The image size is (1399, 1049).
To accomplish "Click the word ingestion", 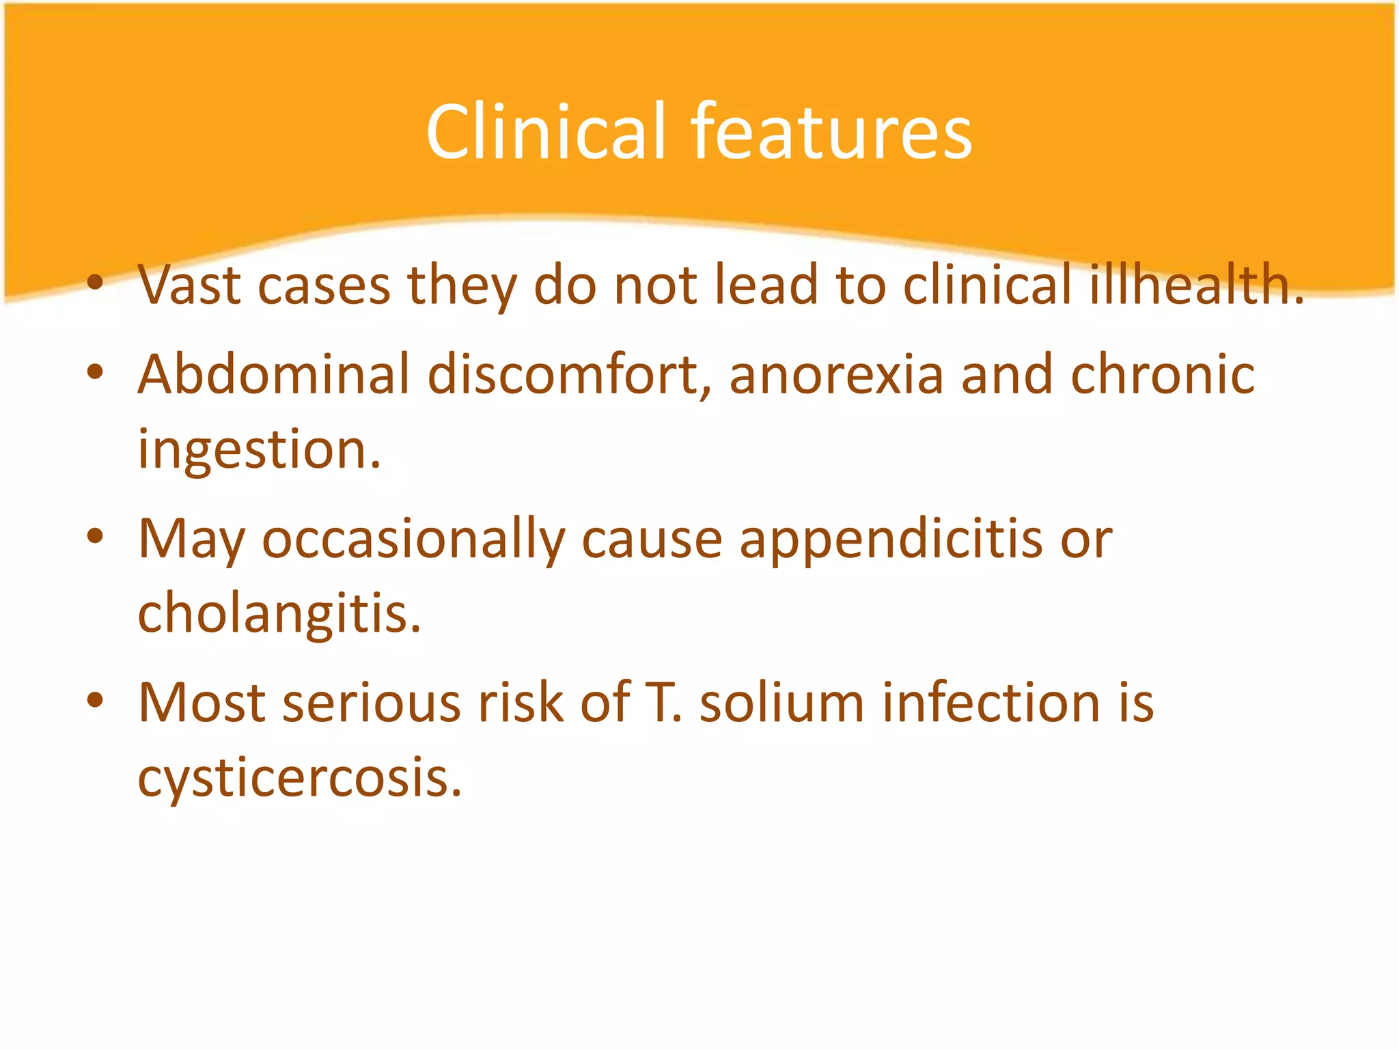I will pos(258,451).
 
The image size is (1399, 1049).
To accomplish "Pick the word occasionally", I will pos(413,540).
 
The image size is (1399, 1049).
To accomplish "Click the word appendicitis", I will pos(891,540).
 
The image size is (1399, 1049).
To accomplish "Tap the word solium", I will pos(781,703).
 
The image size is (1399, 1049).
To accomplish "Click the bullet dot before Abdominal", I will pos(95,372).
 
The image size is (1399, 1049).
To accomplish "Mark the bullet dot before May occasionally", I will pos(95,536).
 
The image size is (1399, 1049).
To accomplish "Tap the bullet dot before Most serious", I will pos(95,700).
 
